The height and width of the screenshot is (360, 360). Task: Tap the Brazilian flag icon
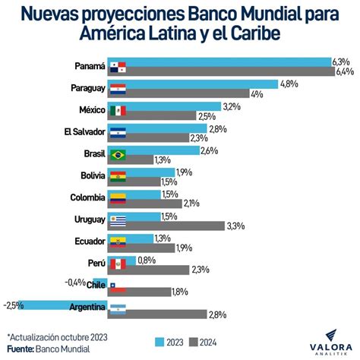(117, 155)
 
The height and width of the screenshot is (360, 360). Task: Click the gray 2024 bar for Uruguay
(175, 226)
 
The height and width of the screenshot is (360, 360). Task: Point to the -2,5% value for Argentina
(14, 306)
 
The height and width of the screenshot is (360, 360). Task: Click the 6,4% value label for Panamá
(345, 72)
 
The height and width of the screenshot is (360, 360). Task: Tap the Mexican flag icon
(117, 111)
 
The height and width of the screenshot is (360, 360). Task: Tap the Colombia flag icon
(117, 199)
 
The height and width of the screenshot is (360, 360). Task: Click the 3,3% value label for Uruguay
(236, 226)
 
